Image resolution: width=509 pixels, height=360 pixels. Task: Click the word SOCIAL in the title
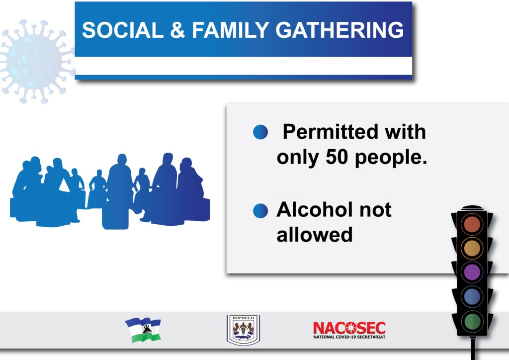click(x=123, y=30)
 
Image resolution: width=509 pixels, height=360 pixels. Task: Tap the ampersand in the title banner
click(x=177, y=30)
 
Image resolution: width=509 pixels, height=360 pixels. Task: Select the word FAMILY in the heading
click(x=231, y=30)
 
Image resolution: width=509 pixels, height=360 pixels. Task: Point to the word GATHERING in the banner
click(x=339, y=30)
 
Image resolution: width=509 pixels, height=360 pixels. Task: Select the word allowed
click(x=315, y=234)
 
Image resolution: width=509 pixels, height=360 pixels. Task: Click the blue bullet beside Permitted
click(x=260, y=132)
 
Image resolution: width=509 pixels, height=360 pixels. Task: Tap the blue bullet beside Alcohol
click(x=260, y=211)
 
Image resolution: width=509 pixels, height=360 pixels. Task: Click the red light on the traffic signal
click(x=472, y=224)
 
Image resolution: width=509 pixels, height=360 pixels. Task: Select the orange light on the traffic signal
click(x=472, y=248)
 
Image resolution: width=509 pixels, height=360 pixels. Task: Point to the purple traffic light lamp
click(x=472, y=272)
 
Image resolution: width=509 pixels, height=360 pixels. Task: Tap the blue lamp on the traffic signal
click(x=472, y=296)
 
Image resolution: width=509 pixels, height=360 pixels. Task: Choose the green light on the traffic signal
click(x=472, y=321)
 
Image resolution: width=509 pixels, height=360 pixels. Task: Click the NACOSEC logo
click(x=349, y=330)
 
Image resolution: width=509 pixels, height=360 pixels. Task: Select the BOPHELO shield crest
click(x=244, y=330)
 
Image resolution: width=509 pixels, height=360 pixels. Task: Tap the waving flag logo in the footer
click(x=143, y=330)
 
